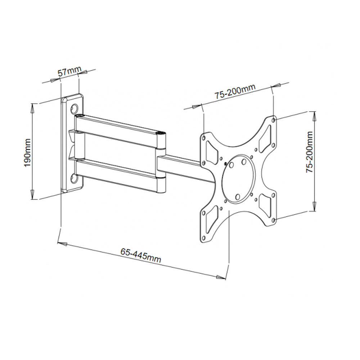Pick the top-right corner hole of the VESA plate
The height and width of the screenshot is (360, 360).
[274, 119]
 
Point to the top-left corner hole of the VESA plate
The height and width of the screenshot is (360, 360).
[204, 138]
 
